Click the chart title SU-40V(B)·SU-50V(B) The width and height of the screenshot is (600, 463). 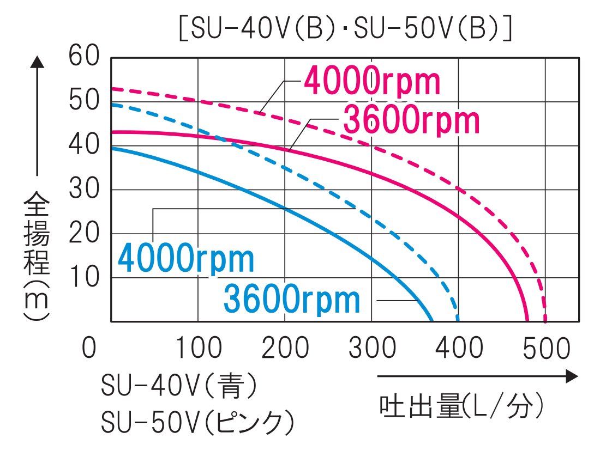click(345, 30)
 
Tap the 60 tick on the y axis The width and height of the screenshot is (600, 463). click(84, 56)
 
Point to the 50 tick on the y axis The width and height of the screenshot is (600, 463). click(84, 101)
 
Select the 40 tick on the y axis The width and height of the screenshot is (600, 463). click(84, 145)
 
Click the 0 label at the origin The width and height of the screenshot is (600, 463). click(89, 348)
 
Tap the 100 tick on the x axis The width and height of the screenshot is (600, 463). click(198, 348)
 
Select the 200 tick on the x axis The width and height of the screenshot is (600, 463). click(285, 348)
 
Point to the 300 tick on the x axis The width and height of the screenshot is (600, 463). click(372, 348)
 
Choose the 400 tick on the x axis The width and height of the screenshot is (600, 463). click(459, 348)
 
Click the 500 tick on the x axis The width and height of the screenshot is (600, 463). click(546, 348)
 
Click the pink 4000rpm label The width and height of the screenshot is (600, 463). click(371, 82)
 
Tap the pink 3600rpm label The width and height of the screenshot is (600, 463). click(411, 121)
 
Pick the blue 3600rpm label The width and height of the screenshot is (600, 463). click(292, 299)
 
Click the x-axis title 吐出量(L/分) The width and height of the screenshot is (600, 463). click(461, 406)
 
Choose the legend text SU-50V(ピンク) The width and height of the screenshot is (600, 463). click(198, 421)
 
